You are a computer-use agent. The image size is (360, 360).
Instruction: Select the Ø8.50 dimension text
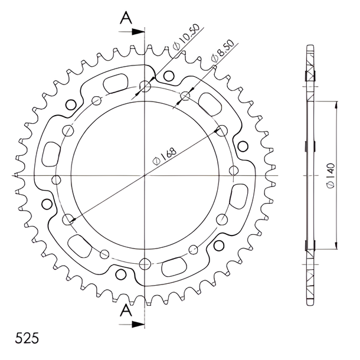pyautogui.click(x=222, y=51)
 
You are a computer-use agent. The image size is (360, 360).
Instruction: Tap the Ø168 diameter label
pyautogui.click(x=165, y=156)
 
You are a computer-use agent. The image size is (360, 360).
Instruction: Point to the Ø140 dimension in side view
pyautogui.click(x=330, y=176)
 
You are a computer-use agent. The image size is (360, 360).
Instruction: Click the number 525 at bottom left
pyautogui.click(x=27, y=338)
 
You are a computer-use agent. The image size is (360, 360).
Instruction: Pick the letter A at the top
pyautogui.click(x=126, y=18)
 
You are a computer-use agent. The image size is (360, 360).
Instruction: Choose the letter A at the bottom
pyautogui.click(x=126, y=310)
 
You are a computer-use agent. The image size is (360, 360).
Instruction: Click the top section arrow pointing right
pyautogui.click(x=132, y=32)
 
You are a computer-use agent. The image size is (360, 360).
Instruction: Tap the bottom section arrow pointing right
pyautogui.click(x=132, y=324)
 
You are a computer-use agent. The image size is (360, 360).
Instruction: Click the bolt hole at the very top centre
pyautogui.click(x=145, y=87)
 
